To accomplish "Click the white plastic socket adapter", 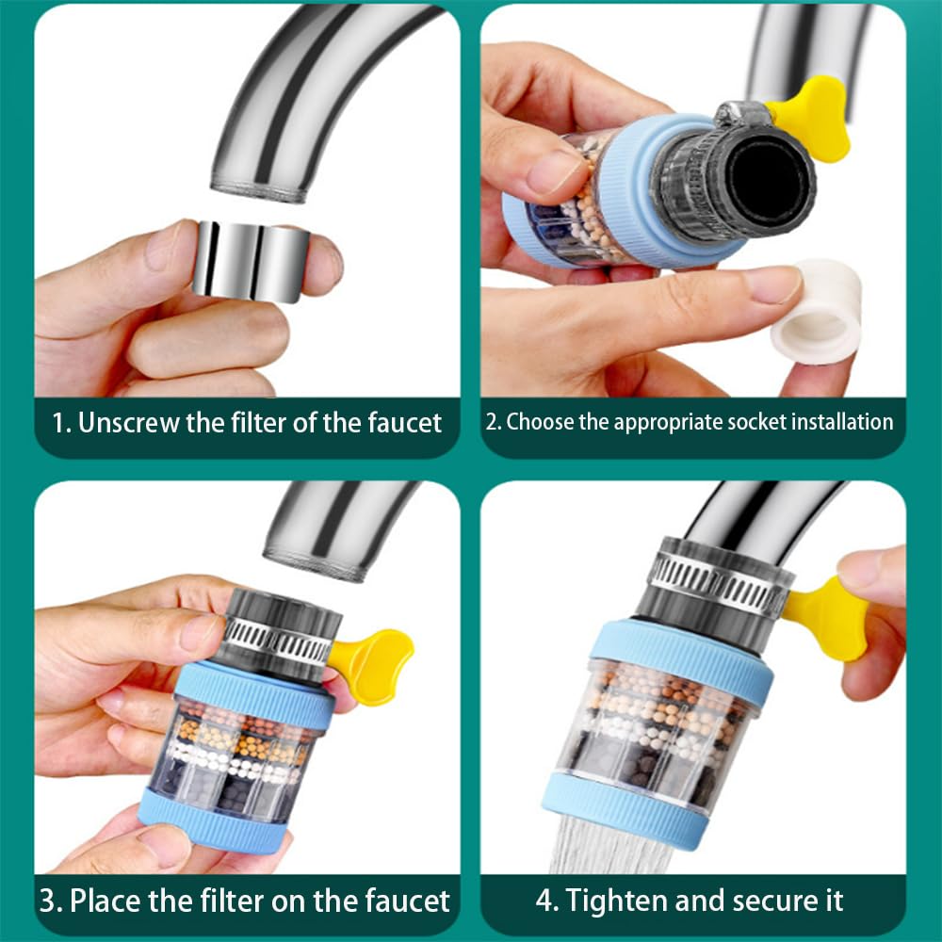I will [x=817, y=311].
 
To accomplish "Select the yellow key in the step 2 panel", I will [x=811, y=116].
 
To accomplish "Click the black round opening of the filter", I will [x=765, y=179].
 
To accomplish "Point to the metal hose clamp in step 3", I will [x=279, y=642].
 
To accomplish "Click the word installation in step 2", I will [x=838, y=421].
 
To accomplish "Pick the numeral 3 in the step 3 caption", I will [x=48, y=900].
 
